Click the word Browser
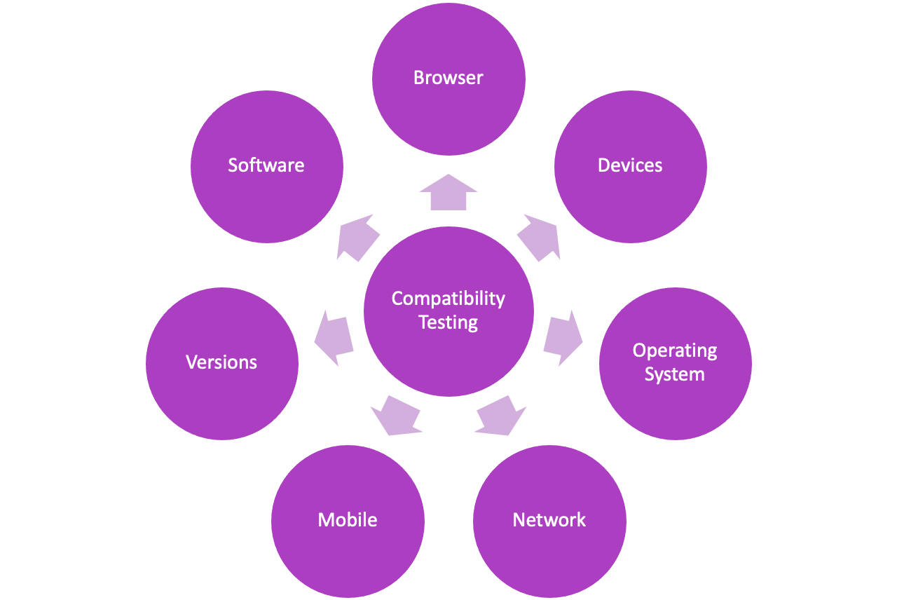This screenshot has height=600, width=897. [x=448, y=78]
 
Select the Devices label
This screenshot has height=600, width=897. [x=629, y=165]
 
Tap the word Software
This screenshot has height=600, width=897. [x=266, y=165]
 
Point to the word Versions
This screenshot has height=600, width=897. [x=221, y=362]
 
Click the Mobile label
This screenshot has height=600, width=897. [x=347, y=520]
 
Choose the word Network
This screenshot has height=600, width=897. [x=549, y=520]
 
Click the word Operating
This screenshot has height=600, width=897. [x=674, y=350]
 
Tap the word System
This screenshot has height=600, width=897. [x=674, y=374]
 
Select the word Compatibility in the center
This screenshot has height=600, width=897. [x=448, y=299]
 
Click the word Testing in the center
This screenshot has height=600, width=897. [x=448, y=322]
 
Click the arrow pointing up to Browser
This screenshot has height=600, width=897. [x=448, y=193]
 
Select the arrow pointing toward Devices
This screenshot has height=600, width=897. [x=540, y=238]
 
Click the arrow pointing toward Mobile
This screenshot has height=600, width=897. [x=396, y=415]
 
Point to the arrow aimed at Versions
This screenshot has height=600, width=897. [x=333, y=337]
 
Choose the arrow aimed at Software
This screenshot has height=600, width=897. [x=357, y=238]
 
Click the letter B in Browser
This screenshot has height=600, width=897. [x=418, y=78]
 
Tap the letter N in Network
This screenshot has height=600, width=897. [x=519, y=520]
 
